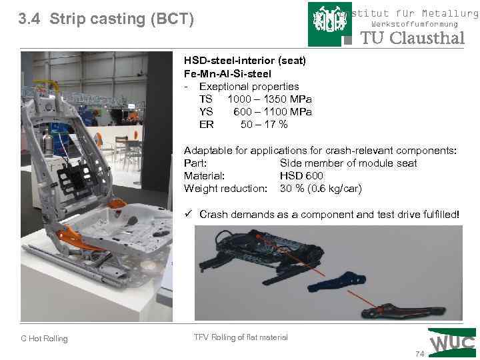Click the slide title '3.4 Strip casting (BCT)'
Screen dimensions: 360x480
click(107, 19)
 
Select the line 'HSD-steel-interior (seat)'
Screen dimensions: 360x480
click(245, 61)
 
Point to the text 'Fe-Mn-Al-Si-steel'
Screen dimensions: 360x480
click(227, 73)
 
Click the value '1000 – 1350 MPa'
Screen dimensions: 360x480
click(274, 99)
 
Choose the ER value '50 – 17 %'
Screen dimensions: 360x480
click(264, 125)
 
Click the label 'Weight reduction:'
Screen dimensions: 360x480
click(225, 189)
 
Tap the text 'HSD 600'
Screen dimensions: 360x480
click(301, 176)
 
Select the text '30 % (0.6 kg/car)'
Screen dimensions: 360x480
click(321, 189)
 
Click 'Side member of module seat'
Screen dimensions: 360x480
click(348, 163)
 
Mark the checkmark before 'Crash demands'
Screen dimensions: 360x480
click(189, 214)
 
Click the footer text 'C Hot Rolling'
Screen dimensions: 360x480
click(44, 339)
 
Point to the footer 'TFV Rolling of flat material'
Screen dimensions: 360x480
click(241, 337)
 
